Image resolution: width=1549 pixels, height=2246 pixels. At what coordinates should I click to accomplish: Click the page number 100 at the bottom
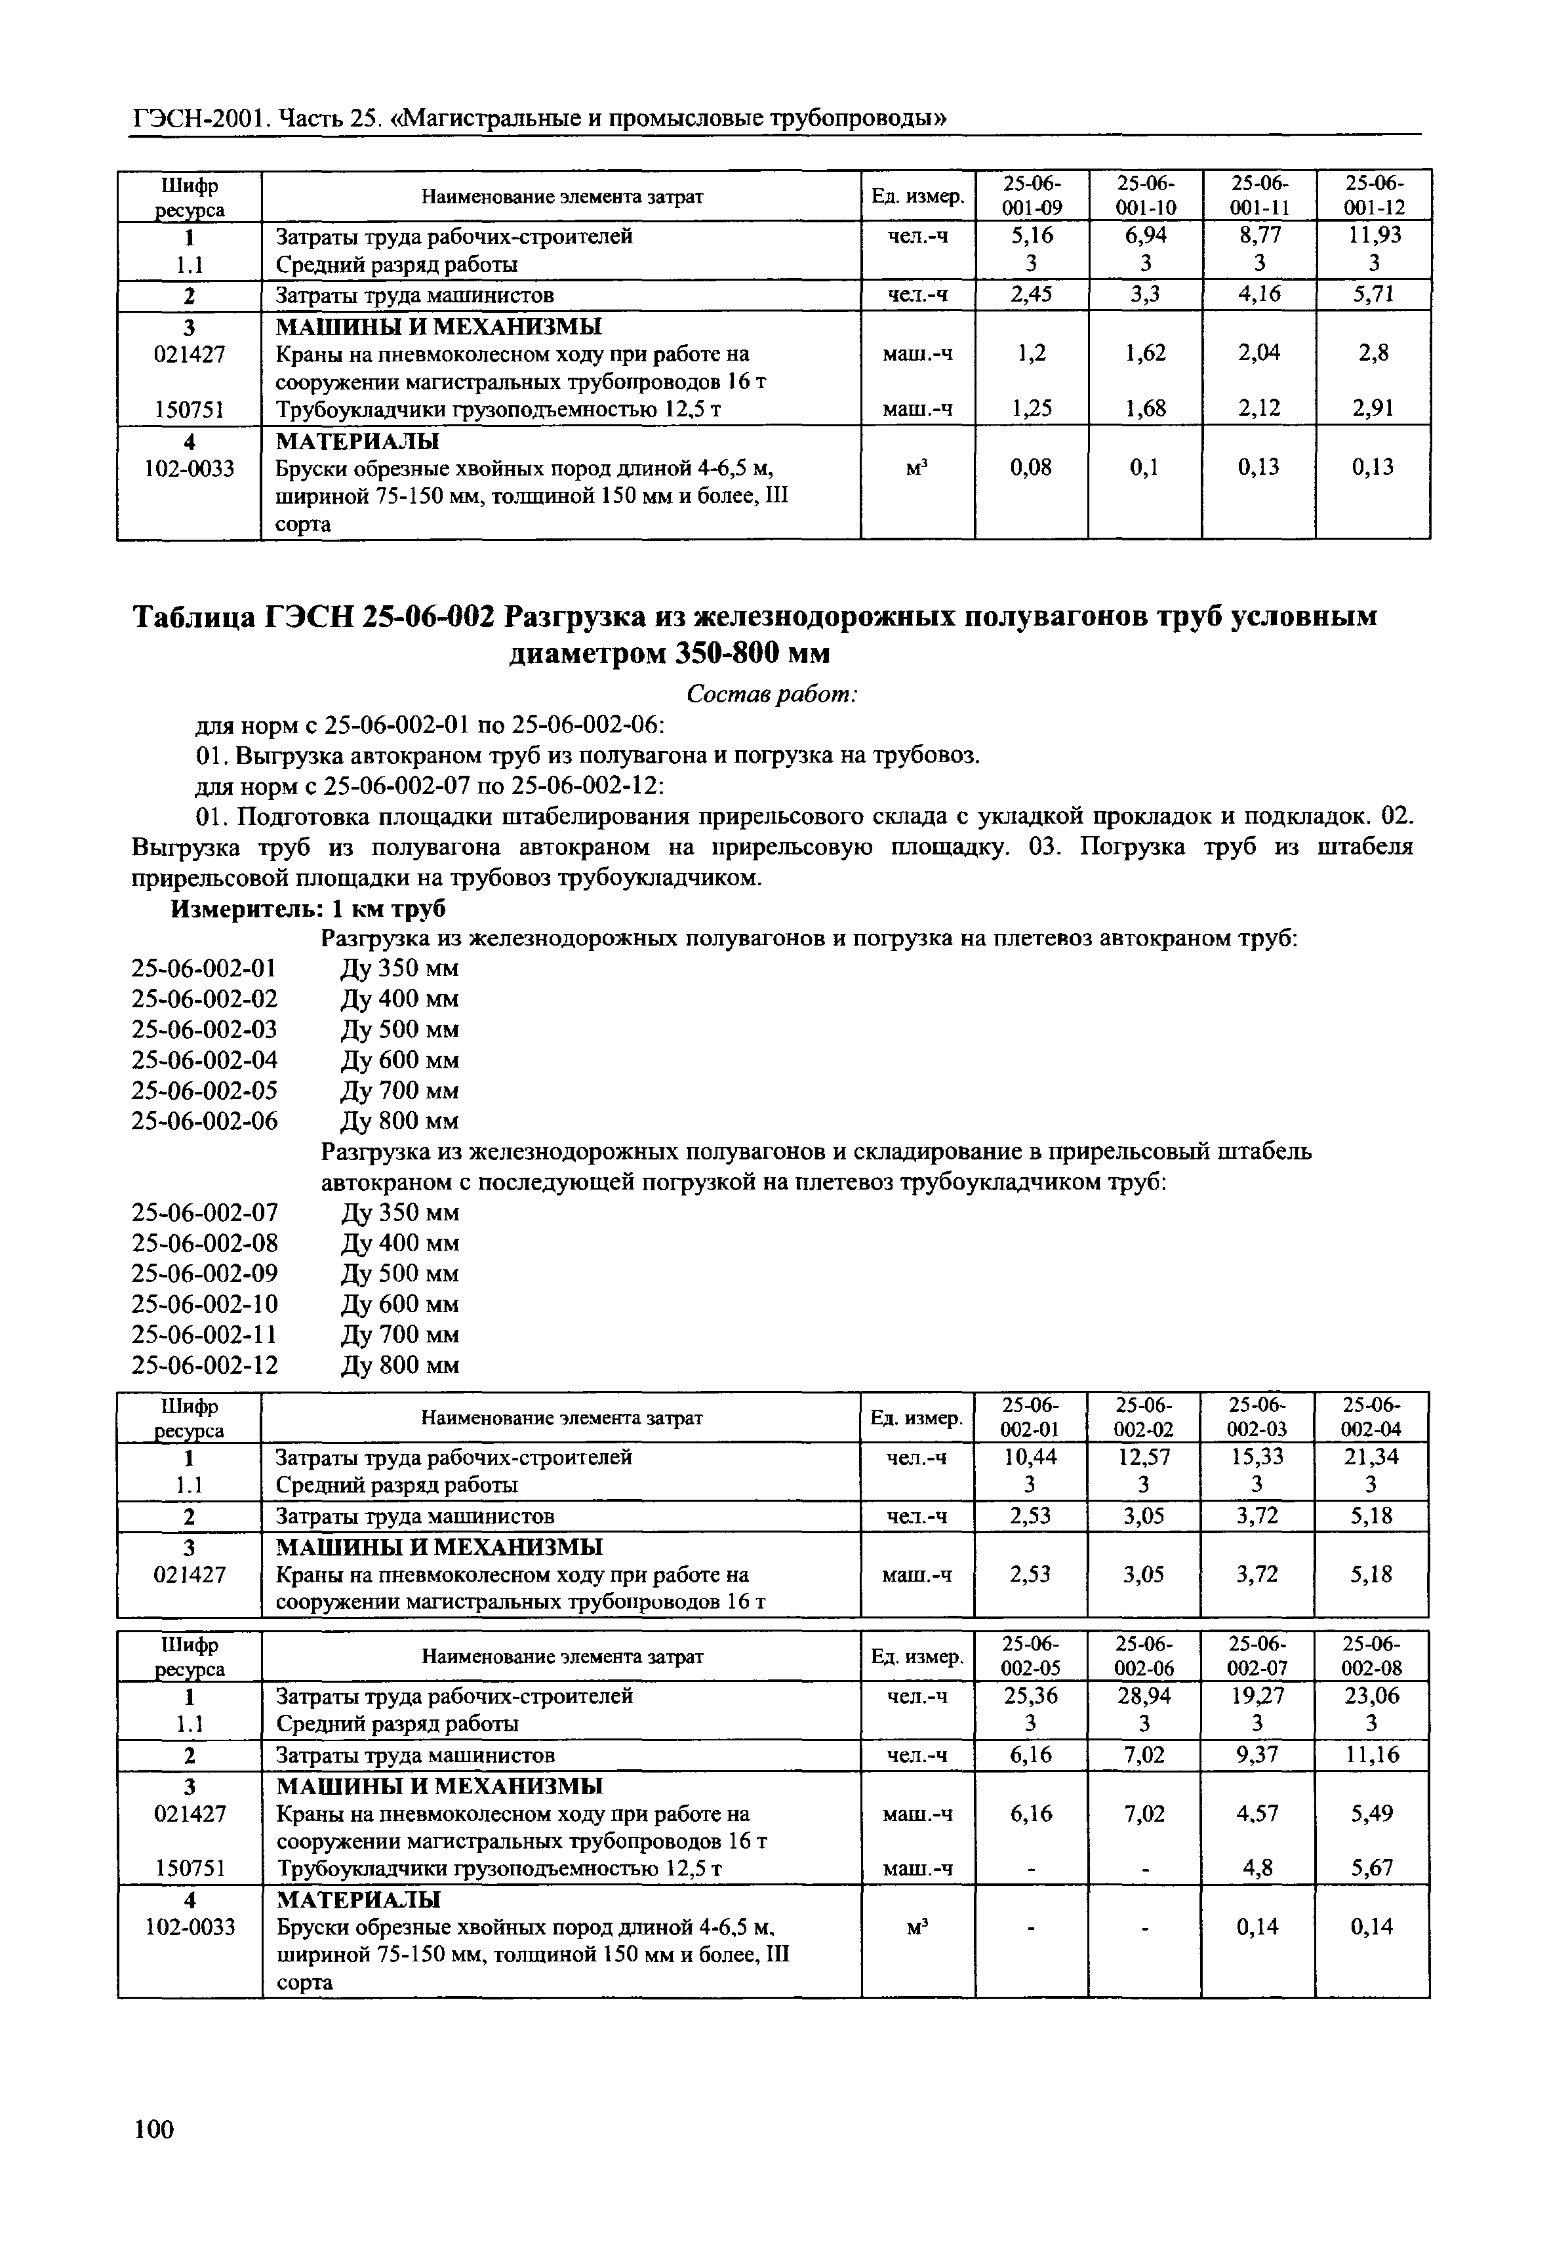pos(153,2129)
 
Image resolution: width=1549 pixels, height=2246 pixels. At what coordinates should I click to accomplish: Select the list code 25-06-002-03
pos(204,1029)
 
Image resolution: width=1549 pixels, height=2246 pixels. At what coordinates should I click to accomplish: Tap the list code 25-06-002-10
pos(204,1304)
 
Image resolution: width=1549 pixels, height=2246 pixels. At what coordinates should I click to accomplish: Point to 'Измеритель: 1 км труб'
pos(309,910)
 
